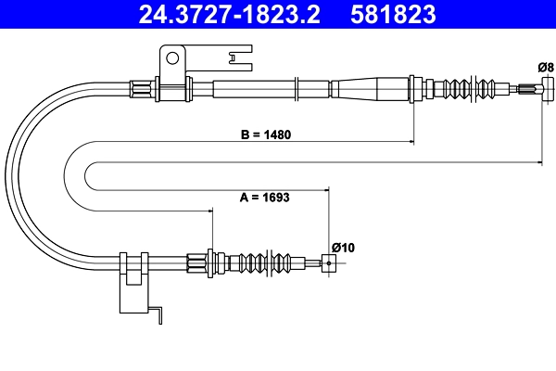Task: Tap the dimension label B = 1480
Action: pos(266,134)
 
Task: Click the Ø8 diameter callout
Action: pos(545,66)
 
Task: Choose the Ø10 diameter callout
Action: pos(343,247)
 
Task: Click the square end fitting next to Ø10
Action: pos(327,263)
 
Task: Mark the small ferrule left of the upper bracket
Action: pos(140,89)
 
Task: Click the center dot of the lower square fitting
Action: pos(327,263)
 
